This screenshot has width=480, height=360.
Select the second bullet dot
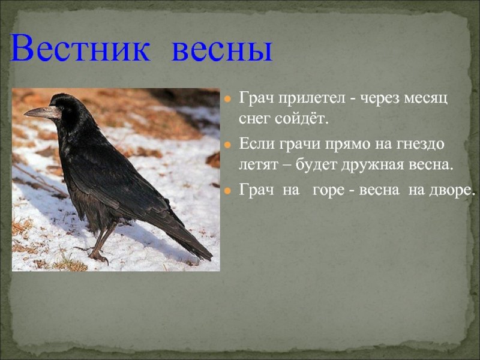[x=227, y=145]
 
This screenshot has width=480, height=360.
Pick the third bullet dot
[x=227, y=191]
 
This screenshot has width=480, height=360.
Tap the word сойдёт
[x=301, y=119]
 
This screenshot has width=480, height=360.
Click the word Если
[x=256, y=143]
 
